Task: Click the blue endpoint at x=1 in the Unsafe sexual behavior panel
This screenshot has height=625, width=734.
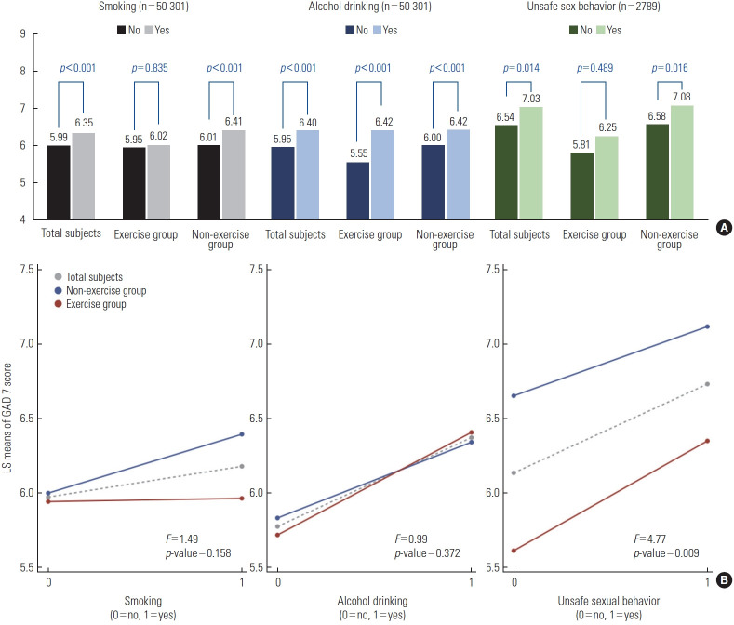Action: (708, 326)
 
